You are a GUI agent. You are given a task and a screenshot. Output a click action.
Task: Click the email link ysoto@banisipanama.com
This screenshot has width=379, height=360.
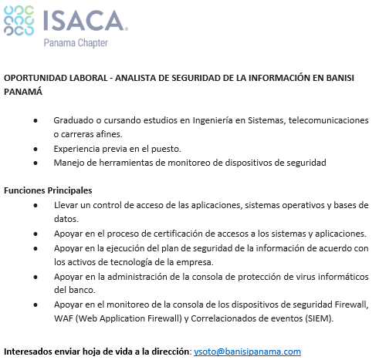pyautogui.click(x=247, y=352)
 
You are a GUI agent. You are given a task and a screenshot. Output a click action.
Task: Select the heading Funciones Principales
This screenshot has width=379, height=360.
pyautogui.click(x=48, y=190)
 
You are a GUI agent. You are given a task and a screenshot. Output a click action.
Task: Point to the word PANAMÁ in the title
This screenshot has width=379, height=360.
pyautogui.click(x=22, y=92)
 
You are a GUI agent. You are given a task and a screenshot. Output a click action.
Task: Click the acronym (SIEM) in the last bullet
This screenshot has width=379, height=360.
pyautogui.click(x=293, y=318)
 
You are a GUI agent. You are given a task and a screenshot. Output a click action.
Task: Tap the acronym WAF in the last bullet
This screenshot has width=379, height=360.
pyautogui.click(x=64, y=318)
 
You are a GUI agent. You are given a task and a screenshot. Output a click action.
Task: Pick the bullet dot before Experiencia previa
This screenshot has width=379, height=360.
pyautogui.click(x=36, y=149)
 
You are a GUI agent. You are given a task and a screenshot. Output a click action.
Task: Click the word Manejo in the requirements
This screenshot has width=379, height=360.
pyautogui.click(x=69, y=163)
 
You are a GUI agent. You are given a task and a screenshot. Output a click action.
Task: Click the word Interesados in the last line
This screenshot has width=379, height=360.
pyautogui.click(x=30, y=352)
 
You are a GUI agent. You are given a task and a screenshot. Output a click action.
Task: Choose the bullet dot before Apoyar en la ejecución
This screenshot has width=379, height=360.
pyautogui.click(x=36, y=247)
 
